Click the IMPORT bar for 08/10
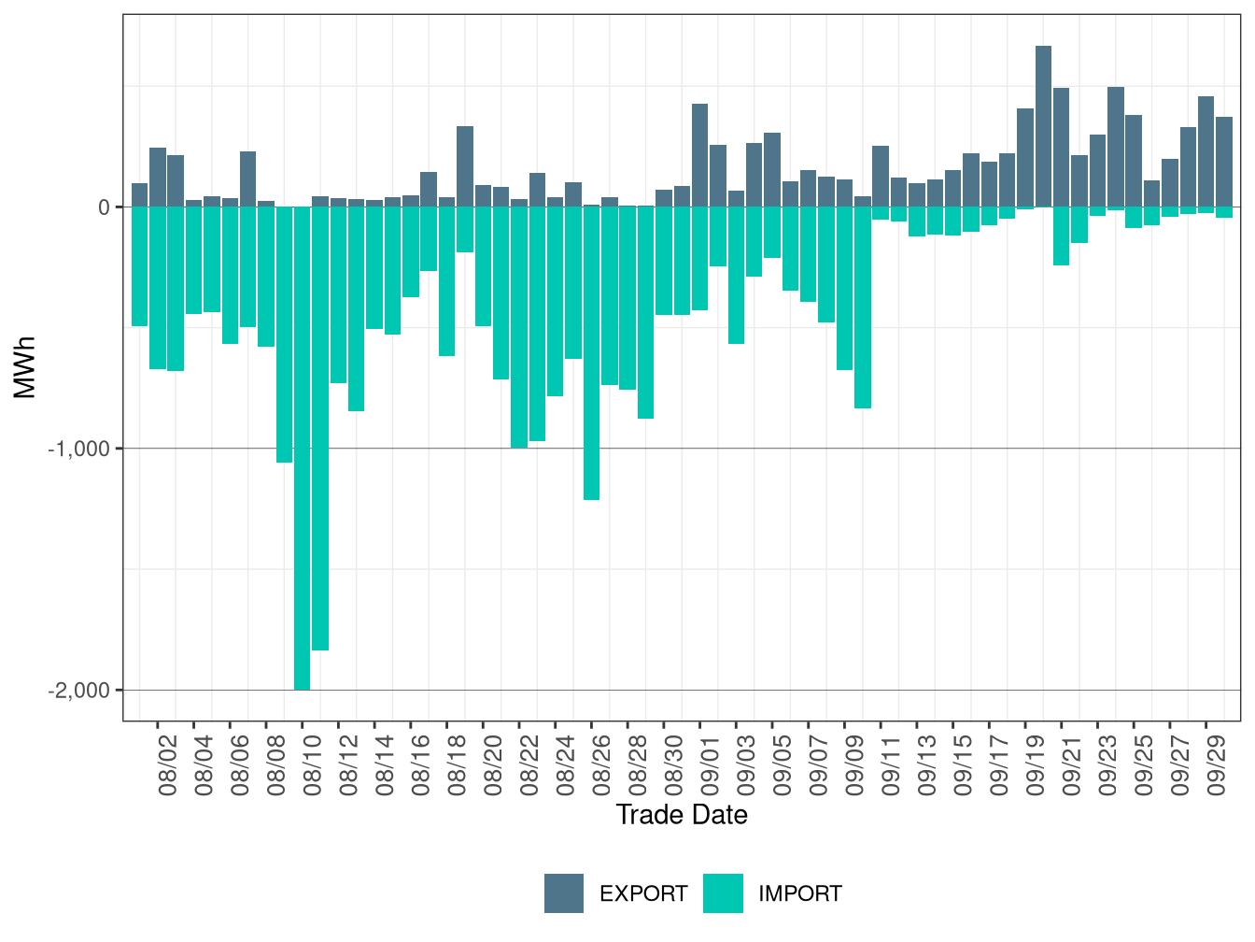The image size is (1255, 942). pos(302,449)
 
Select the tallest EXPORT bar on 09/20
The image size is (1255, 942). pos(1043,126)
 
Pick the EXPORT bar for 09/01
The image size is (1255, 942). pos(699,155)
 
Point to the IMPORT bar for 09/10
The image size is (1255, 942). pos(862,307)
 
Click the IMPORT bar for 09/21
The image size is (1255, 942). pos(1061,235)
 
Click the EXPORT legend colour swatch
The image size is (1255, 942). pos(564,893)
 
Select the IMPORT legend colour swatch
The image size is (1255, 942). pos(723,893)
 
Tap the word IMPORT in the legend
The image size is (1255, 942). pos(799,894)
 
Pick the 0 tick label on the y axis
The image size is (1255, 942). pos(105,207)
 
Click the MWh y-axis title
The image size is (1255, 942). pos(25,367)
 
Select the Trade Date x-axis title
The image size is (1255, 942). pos(682,815)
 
